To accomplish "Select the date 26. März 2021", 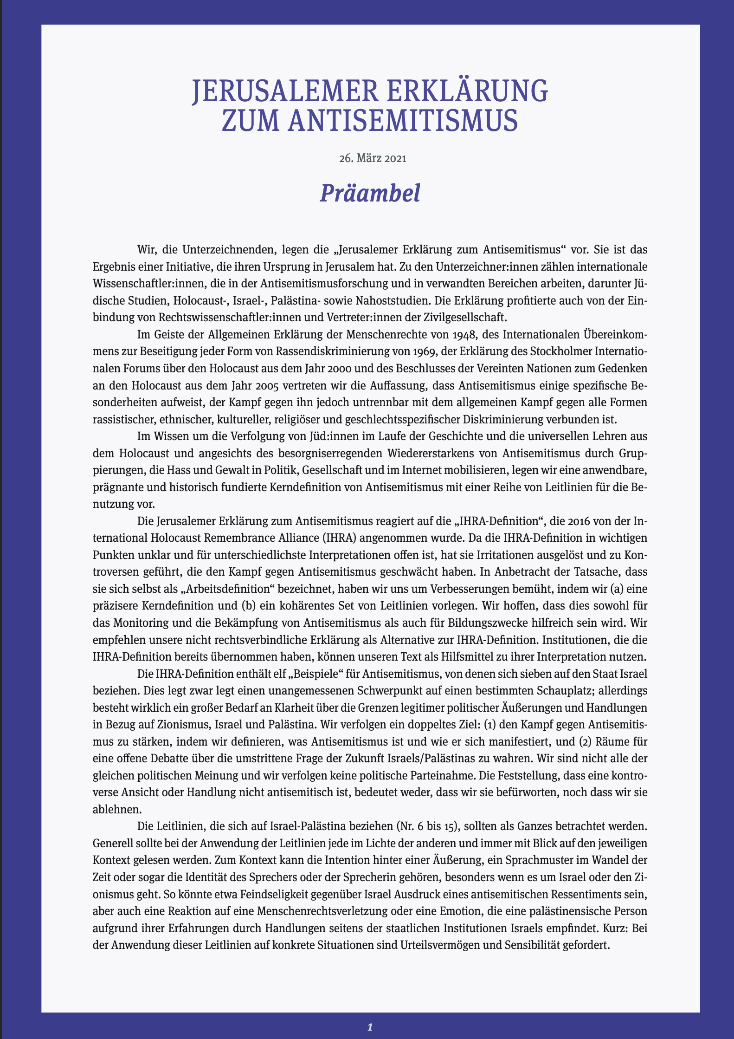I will pyautogui.click(x=373, y=158).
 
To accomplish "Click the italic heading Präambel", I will pyautogui.click(x=370, y=194).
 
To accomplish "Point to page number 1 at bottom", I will pyautogui.click(x=370, y=1027).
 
